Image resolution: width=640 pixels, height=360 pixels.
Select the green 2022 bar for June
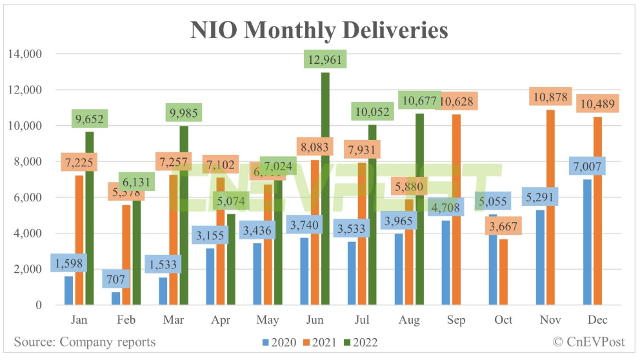tap(326, 194)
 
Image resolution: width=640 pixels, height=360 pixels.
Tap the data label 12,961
tap(326, 59)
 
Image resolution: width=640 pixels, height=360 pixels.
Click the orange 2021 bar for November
tap(551, 213)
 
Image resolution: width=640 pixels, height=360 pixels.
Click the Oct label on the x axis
tap(503, 320)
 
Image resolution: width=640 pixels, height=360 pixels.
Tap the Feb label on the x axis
tap(126, 320)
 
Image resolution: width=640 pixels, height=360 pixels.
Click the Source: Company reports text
tap(85, 342)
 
